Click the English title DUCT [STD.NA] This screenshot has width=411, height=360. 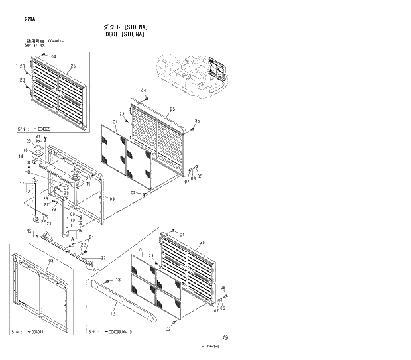point(125,34)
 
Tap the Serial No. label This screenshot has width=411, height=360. point(34,45)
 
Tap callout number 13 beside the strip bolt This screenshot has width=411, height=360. point(118,281)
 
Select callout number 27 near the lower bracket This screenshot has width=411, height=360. point(103,257)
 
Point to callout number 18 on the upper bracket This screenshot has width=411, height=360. point(26,150)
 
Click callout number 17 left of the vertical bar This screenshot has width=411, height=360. point(21,183)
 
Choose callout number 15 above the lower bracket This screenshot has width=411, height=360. point(29,231)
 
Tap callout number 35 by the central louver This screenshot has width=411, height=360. point(196,121)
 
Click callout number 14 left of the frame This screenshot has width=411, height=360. point(21,156)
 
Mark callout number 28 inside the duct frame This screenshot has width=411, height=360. point(66,193)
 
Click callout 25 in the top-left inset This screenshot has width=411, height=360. point(72,66)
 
